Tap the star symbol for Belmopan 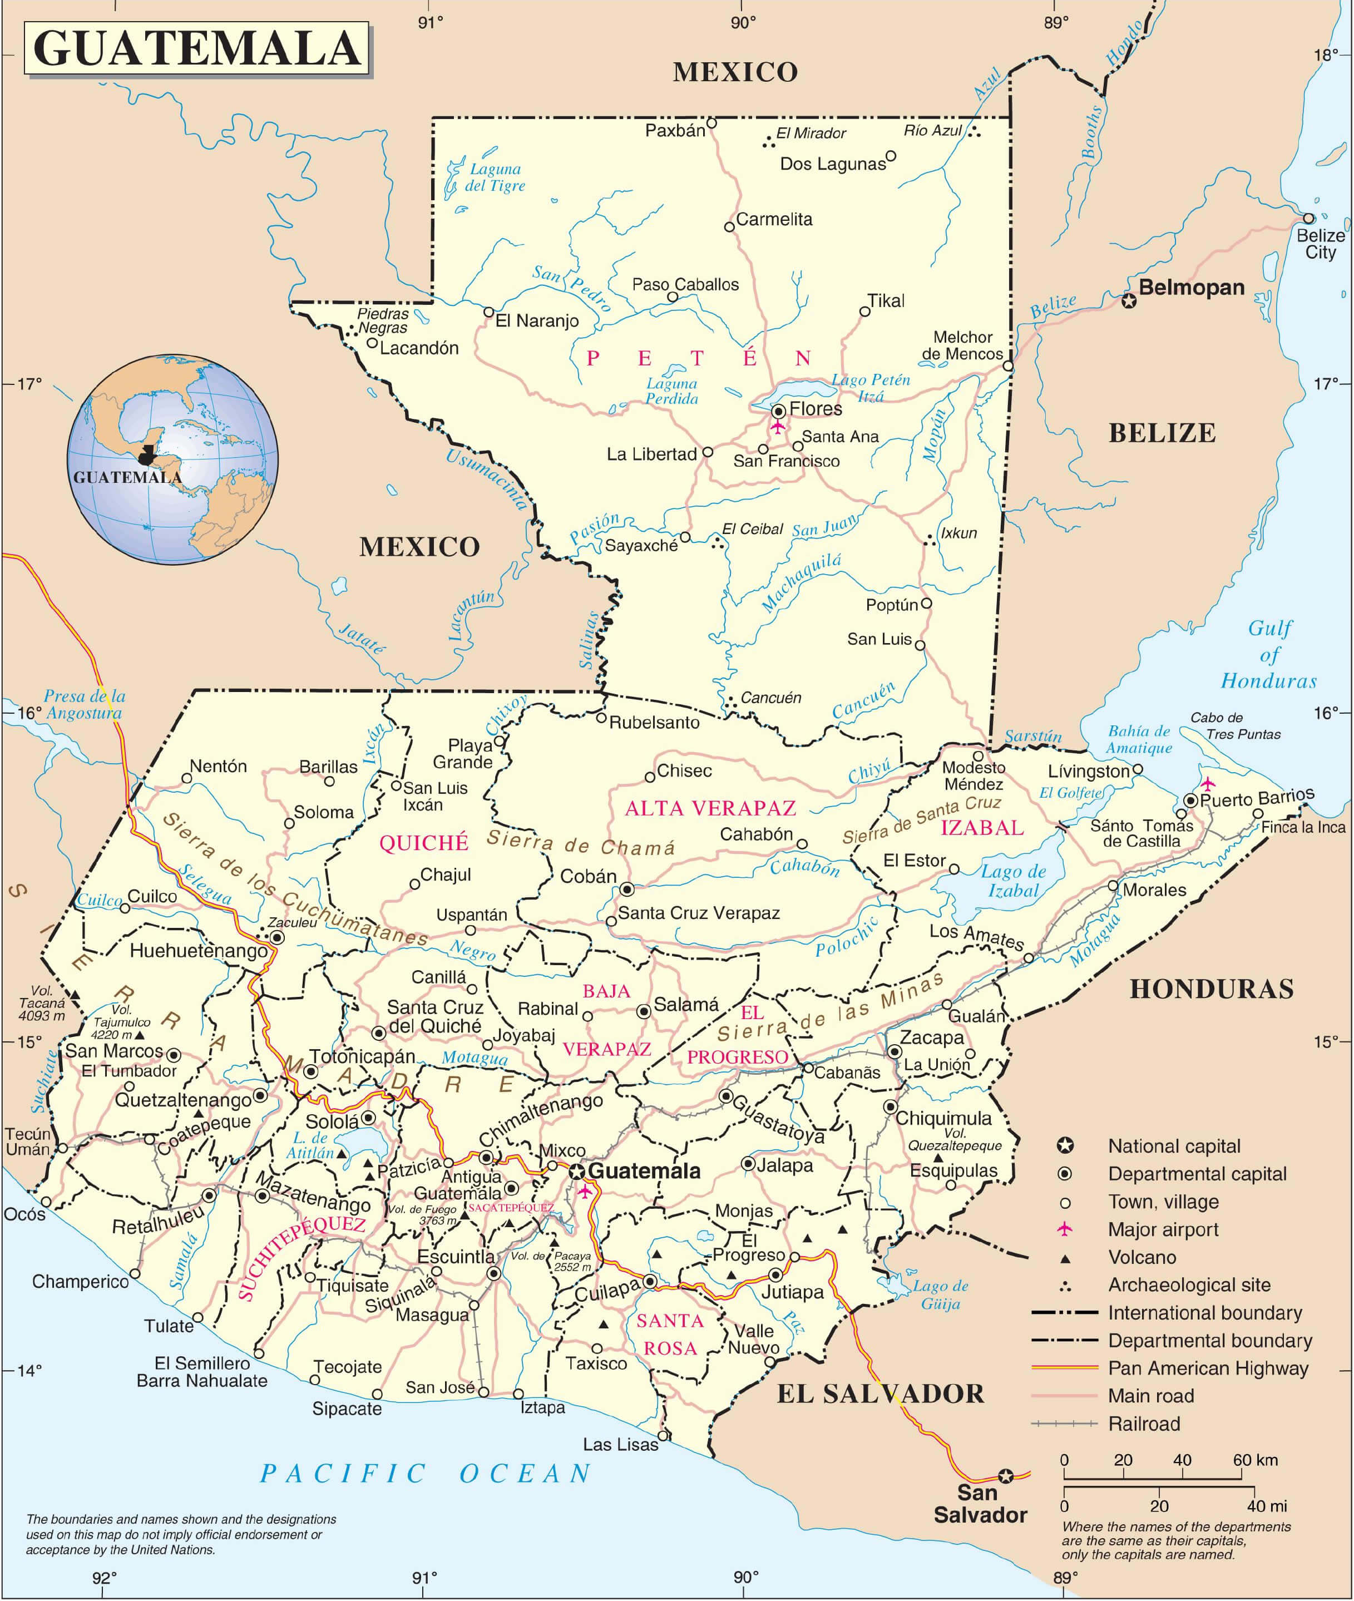click(x=1128, y=301)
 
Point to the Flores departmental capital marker click(x=778, y=410)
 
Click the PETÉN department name click(x=697, y=358)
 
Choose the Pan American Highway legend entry click(x=1207, y=1368)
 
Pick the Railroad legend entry click(x=1144, y=1424)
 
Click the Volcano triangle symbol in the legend click(x=1065, y=1257)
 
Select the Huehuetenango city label click(x=198, y=951)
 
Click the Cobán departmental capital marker click(x=627, y=890)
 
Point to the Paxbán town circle click(x=711, y=123)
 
